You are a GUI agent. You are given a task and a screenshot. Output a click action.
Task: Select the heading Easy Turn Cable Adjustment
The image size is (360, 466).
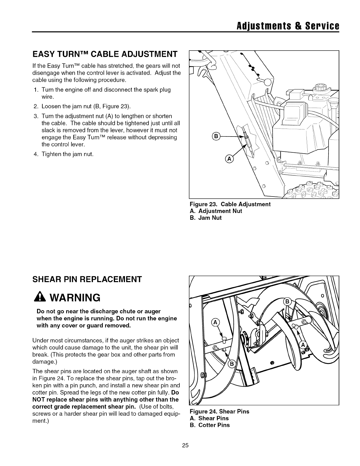coord(105,54)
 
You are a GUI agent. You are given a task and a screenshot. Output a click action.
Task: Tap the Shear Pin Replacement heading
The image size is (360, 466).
coord(87,279)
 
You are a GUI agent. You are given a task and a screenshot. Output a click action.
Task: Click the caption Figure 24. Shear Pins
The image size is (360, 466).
coord(220,411)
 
